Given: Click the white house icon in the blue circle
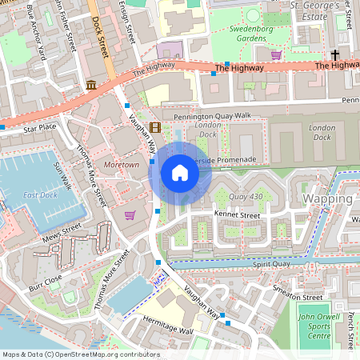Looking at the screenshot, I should pos(180,173).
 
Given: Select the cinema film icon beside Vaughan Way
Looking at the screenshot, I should pos(154,126).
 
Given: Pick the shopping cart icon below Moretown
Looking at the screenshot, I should pos(130,215).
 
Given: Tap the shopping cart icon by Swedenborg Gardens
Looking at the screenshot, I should pos(276,55).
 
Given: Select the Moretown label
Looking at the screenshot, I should pos(122,164).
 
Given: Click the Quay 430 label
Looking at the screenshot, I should pos(246,196).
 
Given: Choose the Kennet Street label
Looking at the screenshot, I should pos(238,215).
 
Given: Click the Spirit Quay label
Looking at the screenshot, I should pos(274,264).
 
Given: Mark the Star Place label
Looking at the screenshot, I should pos(40,126).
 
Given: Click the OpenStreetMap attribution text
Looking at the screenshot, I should pos(80,354).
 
